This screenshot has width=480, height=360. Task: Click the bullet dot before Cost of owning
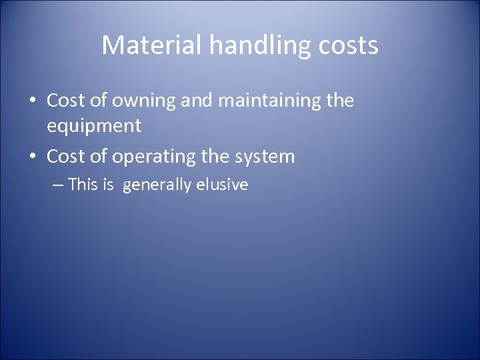[31, 101]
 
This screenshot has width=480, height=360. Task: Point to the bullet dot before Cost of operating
[31, 157]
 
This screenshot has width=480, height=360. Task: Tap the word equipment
[94, 125]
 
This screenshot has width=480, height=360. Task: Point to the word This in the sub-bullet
[83, 185]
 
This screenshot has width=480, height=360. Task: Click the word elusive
[221, 185]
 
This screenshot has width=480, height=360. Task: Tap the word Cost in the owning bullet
[63, 101]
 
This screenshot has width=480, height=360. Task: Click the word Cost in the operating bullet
[63, 157]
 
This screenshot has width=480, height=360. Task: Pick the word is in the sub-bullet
[109, 185]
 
